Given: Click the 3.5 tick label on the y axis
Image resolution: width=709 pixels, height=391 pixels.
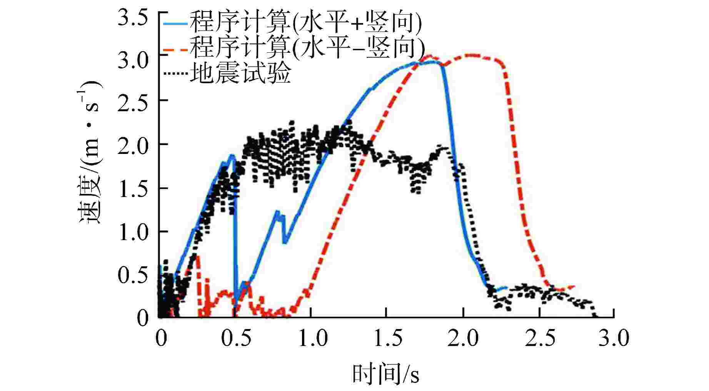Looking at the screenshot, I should [133, 19].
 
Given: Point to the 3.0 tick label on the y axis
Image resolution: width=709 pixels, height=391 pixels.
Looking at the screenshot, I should [133, 62].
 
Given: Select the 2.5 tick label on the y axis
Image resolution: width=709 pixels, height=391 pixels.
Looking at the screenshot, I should [133, 105].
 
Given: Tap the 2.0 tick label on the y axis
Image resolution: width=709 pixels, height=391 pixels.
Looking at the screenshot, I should [133, 148].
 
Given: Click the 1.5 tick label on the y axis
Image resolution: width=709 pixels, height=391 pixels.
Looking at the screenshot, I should [133, 190].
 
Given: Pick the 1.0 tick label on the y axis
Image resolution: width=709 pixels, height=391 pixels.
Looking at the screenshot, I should [133, 233].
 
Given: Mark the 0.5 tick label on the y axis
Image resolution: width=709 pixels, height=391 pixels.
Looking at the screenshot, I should [133, 276].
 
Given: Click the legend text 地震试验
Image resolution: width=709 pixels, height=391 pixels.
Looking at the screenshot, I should [240, 73].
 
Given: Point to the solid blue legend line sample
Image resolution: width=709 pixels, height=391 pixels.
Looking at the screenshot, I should [175, 24].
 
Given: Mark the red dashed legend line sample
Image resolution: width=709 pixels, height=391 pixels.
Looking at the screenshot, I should [175, 49].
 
